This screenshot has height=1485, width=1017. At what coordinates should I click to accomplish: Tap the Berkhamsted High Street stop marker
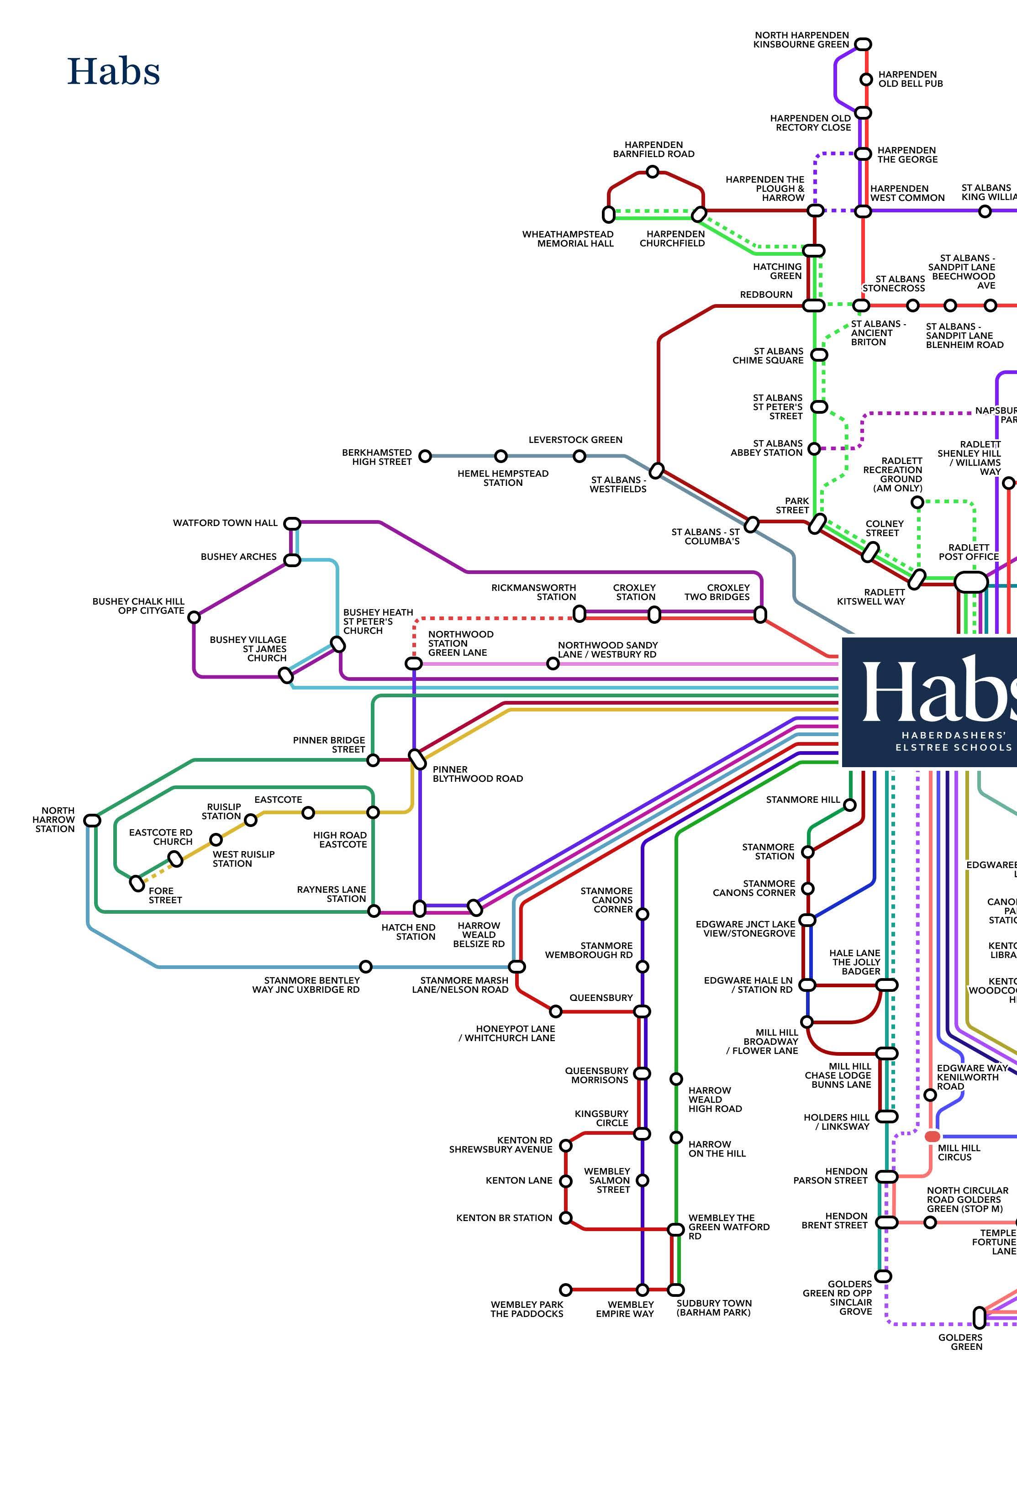425,456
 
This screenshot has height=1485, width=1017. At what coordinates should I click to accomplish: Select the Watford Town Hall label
225,523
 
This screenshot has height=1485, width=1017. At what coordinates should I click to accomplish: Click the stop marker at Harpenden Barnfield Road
652,171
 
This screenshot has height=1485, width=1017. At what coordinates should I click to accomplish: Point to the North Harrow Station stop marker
93,820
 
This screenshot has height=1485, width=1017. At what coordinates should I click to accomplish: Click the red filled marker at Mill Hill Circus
932,1136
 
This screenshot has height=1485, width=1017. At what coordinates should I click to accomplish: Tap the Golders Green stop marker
979,1317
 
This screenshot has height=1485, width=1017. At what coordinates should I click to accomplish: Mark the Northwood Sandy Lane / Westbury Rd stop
553,664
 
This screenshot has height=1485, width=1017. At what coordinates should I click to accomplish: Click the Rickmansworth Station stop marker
579,614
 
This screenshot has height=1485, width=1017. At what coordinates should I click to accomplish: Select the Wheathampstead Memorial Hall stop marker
609,214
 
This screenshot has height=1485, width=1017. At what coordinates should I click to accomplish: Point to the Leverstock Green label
575,440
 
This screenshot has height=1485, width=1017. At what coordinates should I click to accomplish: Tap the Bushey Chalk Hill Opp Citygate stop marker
194,617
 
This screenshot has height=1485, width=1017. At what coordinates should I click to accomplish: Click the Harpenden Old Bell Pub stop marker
866,79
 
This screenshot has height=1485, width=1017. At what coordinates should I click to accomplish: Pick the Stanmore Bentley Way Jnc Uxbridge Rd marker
366,966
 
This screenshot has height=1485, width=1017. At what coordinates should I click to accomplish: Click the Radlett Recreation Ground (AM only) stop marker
917,502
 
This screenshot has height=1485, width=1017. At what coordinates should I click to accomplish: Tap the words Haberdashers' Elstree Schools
953,741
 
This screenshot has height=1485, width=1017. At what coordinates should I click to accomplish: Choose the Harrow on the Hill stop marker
676,1137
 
